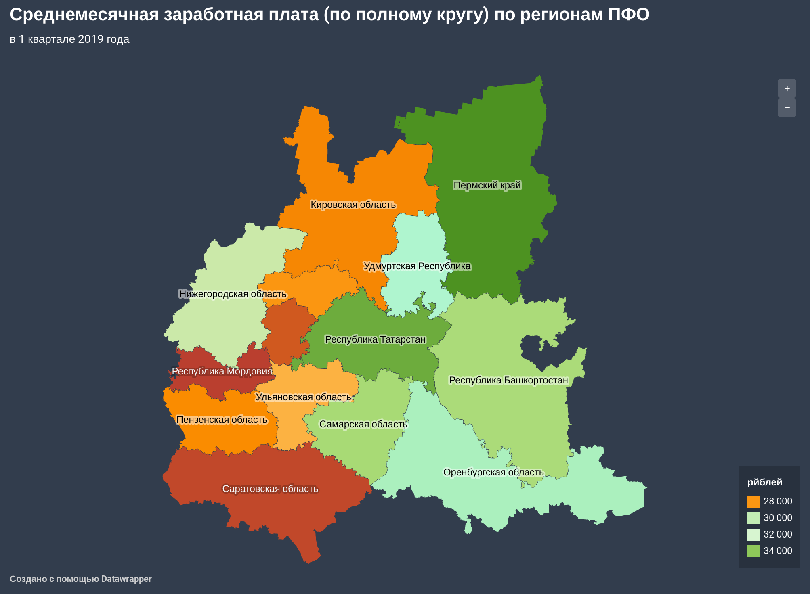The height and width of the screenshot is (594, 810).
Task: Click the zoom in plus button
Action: [787, 88]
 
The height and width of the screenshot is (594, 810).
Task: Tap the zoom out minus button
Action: [787, 108]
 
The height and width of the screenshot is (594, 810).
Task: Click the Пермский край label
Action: [487, 185]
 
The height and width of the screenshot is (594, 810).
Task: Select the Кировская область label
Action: [353, 205]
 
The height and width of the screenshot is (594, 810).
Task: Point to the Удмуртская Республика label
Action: [417, 266]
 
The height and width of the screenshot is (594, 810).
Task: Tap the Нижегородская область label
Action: [233, 294]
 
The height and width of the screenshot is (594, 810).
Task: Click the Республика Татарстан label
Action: [375, 339]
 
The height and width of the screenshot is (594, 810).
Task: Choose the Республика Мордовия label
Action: [222, 371]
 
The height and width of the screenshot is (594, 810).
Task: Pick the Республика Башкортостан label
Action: [508, 380]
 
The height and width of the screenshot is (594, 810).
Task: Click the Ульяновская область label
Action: [303, 397]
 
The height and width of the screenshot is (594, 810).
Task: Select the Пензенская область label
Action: [222, 420]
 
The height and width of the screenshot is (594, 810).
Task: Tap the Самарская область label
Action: [363, 424]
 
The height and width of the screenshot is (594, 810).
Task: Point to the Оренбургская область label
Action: [493, 472]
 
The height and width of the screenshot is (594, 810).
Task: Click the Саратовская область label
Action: [270, 489]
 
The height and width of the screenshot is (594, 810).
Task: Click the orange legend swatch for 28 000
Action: [753, 501]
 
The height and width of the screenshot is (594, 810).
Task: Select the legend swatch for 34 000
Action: [753, 551]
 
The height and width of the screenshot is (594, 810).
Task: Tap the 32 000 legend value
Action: [778, 534]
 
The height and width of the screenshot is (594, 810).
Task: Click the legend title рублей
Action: [764, 482]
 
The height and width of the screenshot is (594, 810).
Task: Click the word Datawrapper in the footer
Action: [126, 579]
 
